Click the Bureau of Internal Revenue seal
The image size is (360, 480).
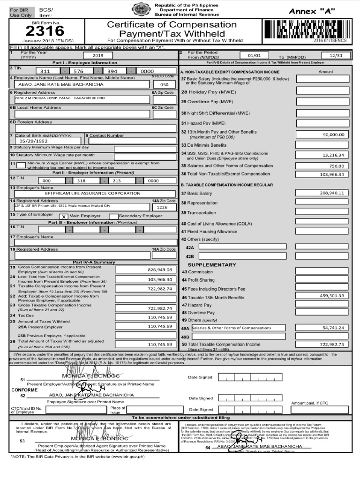(x=140, y=9)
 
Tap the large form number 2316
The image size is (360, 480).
(x=45, y=31)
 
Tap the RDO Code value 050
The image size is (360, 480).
(x=164, y=85)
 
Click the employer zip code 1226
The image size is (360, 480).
(x=162, y=207)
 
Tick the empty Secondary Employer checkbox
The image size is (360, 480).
(x=113, y=216)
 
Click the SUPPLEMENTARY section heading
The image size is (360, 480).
(x=212, y=265)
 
